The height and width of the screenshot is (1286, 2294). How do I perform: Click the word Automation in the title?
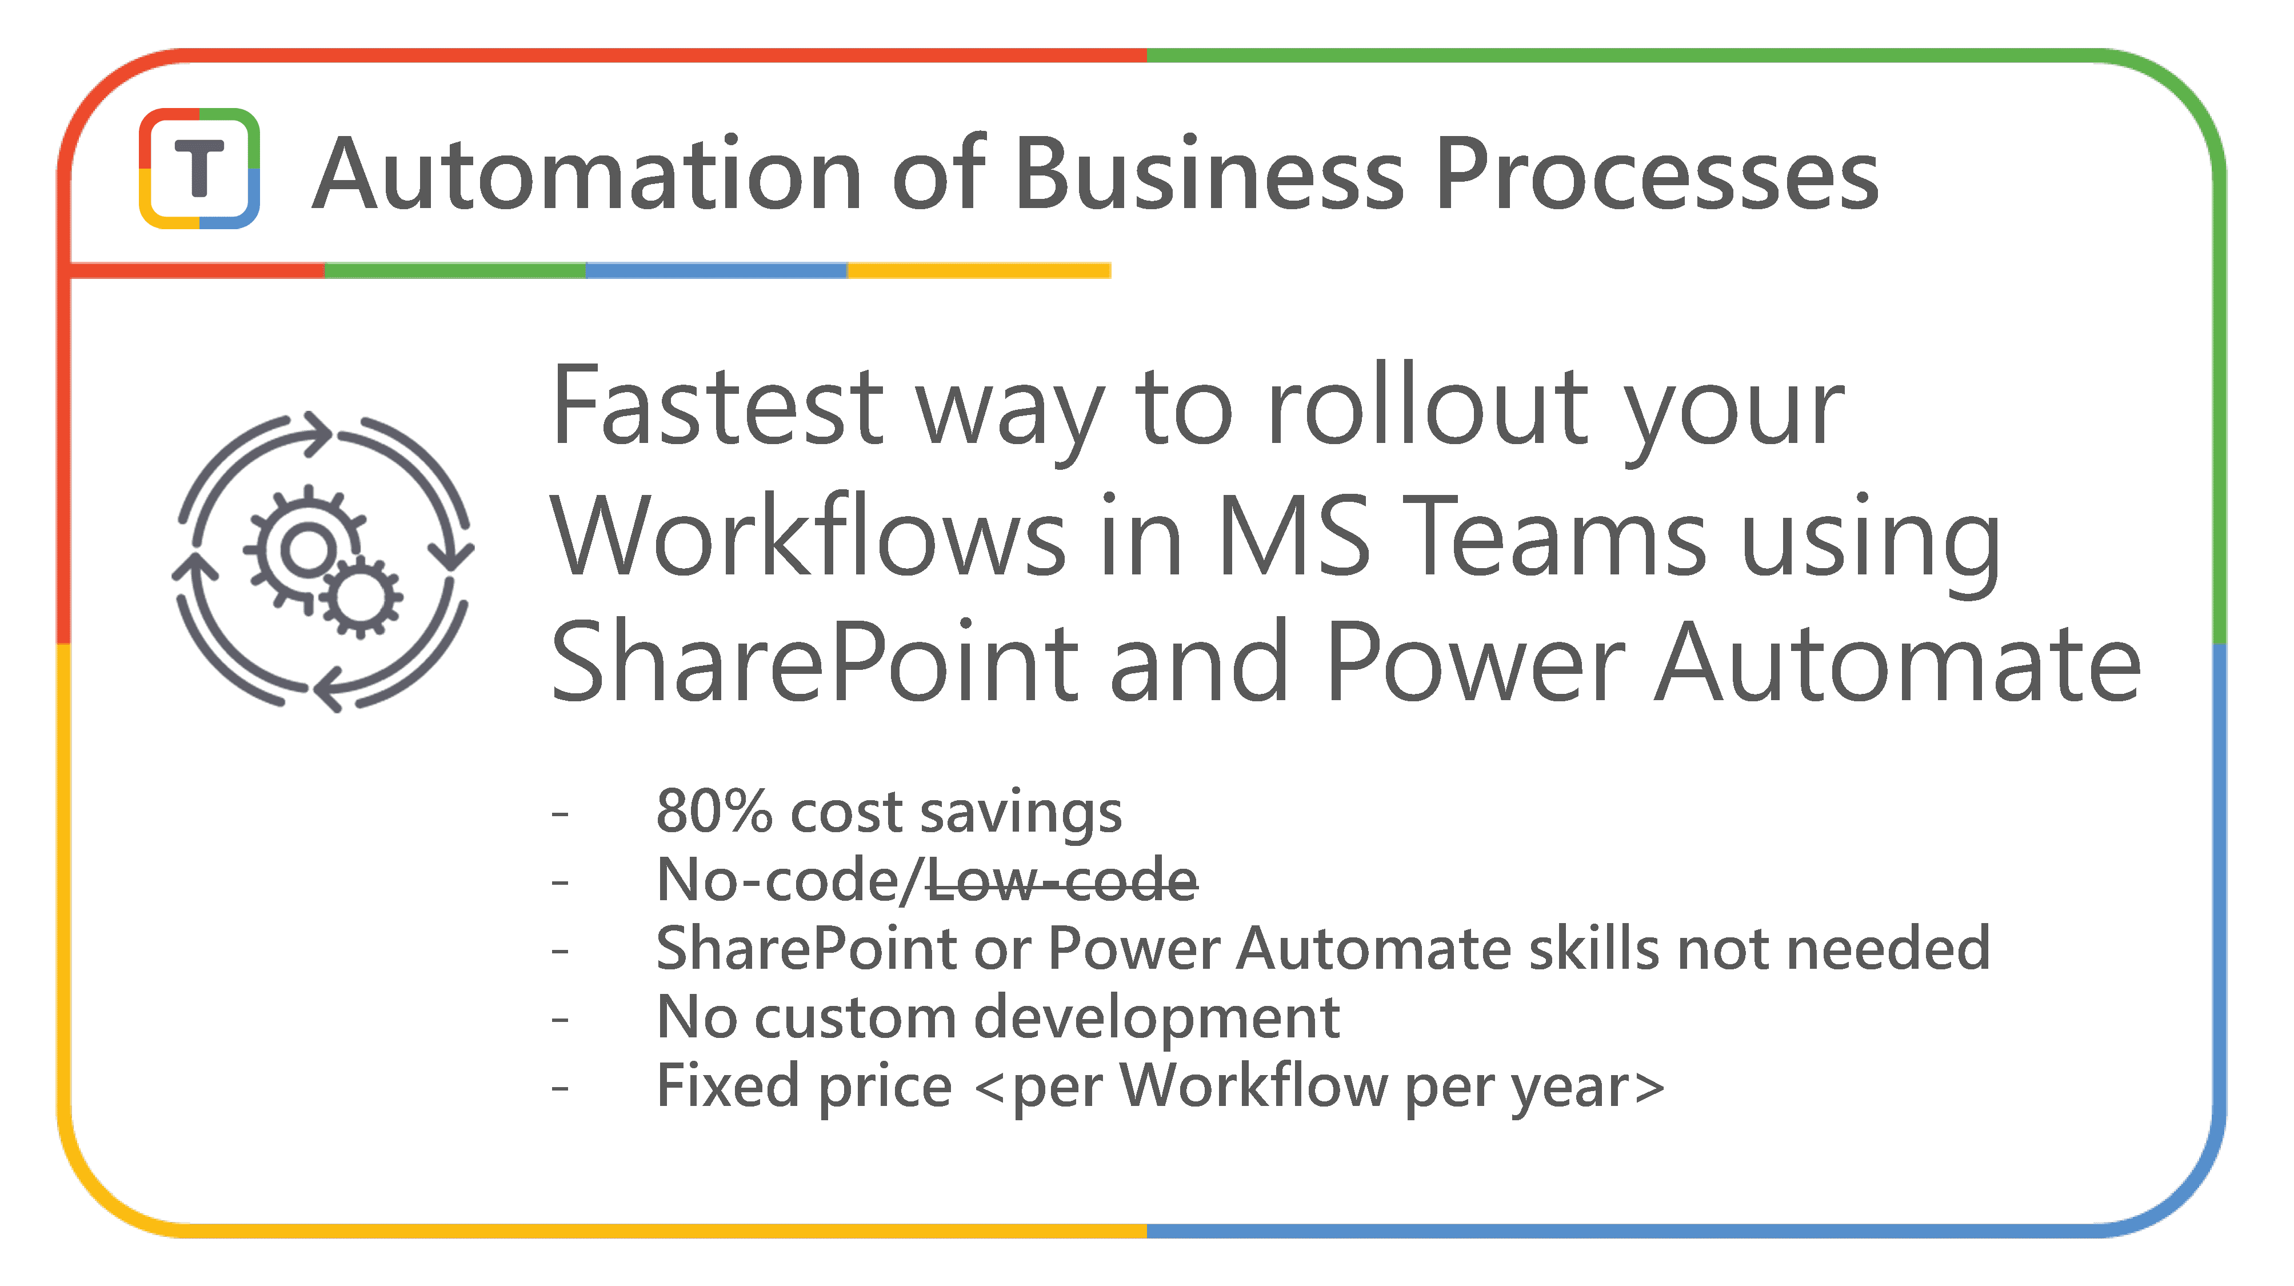point(588,174)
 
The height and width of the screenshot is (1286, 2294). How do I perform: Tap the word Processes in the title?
point(1657,174)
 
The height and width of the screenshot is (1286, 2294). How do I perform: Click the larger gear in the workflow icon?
point(305,546)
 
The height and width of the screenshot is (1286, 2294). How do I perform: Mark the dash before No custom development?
point(560,1020)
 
